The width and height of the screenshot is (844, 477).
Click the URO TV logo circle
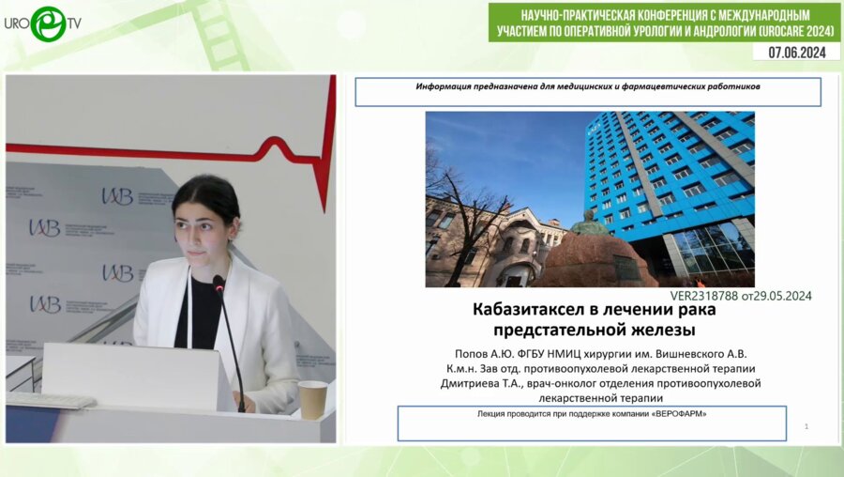click(47, 23)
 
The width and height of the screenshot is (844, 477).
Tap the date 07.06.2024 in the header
click(796, 53)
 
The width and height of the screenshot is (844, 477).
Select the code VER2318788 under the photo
click(706, 295)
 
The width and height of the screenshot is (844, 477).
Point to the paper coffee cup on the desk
click(312, 398)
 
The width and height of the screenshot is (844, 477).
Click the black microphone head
click(219, 283)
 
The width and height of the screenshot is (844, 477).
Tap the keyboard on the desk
click(51, 400)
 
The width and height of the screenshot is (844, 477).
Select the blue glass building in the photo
click(671, 178)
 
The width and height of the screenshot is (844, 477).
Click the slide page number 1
click(806, 427)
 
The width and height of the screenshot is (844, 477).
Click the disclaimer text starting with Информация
click(587, 86)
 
